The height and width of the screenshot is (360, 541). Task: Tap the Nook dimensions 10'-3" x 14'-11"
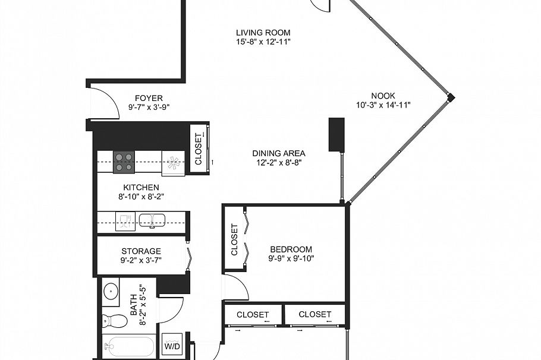point(383,105)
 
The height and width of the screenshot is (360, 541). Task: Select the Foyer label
point(149,98)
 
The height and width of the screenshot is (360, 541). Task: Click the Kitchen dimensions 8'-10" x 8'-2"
point(141,197)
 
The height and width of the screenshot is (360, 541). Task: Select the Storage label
point(141,251)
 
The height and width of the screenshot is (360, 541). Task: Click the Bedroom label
point(291,249)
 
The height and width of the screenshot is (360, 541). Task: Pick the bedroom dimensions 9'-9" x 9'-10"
point(291,258)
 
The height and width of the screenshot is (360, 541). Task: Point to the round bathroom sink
point(110,291)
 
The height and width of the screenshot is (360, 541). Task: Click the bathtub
point(128,346)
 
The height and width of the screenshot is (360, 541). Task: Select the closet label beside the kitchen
point(199,149)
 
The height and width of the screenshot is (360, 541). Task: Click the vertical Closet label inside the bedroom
point(234,239)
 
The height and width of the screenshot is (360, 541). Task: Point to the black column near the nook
point(336,134)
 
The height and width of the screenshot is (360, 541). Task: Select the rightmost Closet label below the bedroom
point(314,314)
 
